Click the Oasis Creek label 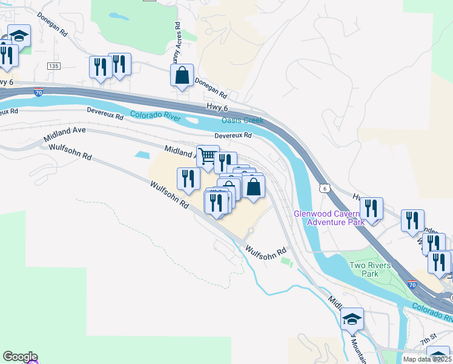[x=242, y=120]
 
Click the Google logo [x=20, y=357]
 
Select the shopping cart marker [x=208, y=157]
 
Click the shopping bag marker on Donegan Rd [x=182, y=76]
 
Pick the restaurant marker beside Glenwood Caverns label [x=371, y=209]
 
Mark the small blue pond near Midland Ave [x=142, y=155]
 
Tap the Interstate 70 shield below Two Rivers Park [x=412, y=284]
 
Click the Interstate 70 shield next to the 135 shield [x=38, y=93]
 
